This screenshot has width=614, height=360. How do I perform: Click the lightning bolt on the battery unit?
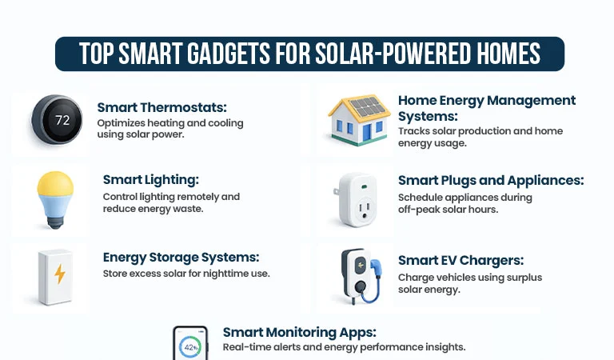60,274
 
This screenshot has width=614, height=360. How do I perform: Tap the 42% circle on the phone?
190,348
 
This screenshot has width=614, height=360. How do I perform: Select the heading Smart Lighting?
150,180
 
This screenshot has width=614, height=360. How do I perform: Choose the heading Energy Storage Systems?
181,258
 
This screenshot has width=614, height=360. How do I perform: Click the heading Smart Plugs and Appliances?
490,181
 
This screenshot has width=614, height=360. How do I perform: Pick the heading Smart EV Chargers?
460,260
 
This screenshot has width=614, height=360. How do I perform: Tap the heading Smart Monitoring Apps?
299,332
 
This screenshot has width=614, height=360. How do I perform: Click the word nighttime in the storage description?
225,274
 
